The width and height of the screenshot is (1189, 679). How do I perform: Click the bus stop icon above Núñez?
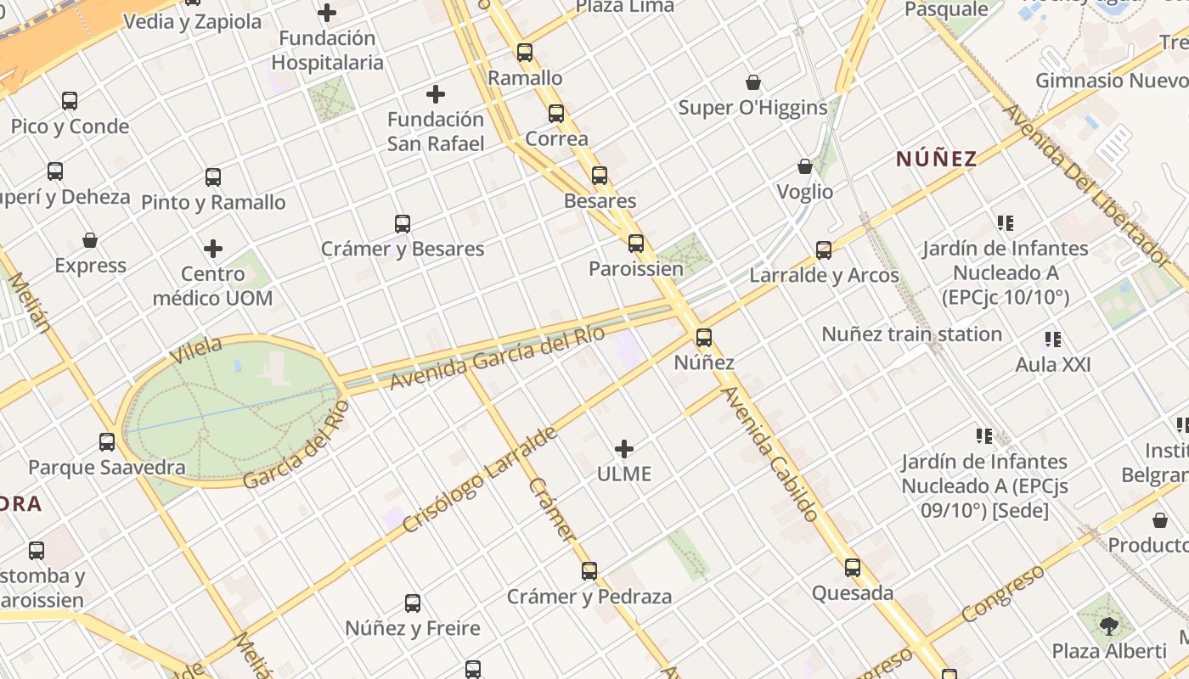pos(704,338)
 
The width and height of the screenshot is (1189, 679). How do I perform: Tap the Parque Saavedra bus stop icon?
pos(107,442)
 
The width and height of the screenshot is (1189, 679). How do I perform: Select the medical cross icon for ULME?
pos(624,449)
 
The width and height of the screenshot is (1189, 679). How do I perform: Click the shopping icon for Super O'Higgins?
pos(752,82)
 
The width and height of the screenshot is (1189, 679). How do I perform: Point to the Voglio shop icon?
pos(805,166)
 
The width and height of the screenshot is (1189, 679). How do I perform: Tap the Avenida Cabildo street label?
pos(770,453)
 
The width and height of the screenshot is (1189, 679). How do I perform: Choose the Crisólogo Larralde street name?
pos(479,480)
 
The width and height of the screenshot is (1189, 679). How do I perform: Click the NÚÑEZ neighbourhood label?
pos(937,159)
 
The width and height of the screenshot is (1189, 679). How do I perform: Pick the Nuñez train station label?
pos(911,334)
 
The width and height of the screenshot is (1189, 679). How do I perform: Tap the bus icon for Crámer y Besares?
pos(403,224)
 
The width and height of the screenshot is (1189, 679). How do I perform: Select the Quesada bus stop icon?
pos(853,568)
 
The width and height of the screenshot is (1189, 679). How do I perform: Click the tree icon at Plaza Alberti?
pos(1108,626)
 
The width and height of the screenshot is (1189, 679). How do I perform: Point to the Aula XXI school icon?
pos(1053,340)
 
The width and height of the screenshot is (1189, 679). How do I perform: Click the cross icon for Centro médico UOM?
pos(213,249)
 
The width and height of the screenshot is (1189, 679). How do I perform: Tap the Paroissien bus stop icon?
pos(636,244)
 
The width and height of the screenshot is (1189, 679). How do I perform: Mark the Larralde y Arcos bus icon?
pos(824,250)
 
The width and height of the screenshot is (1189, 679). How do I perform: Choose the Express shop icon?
pos(90,240)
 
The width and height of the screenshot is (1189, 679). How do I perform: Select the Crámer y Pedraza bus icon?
pos(589,571)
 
